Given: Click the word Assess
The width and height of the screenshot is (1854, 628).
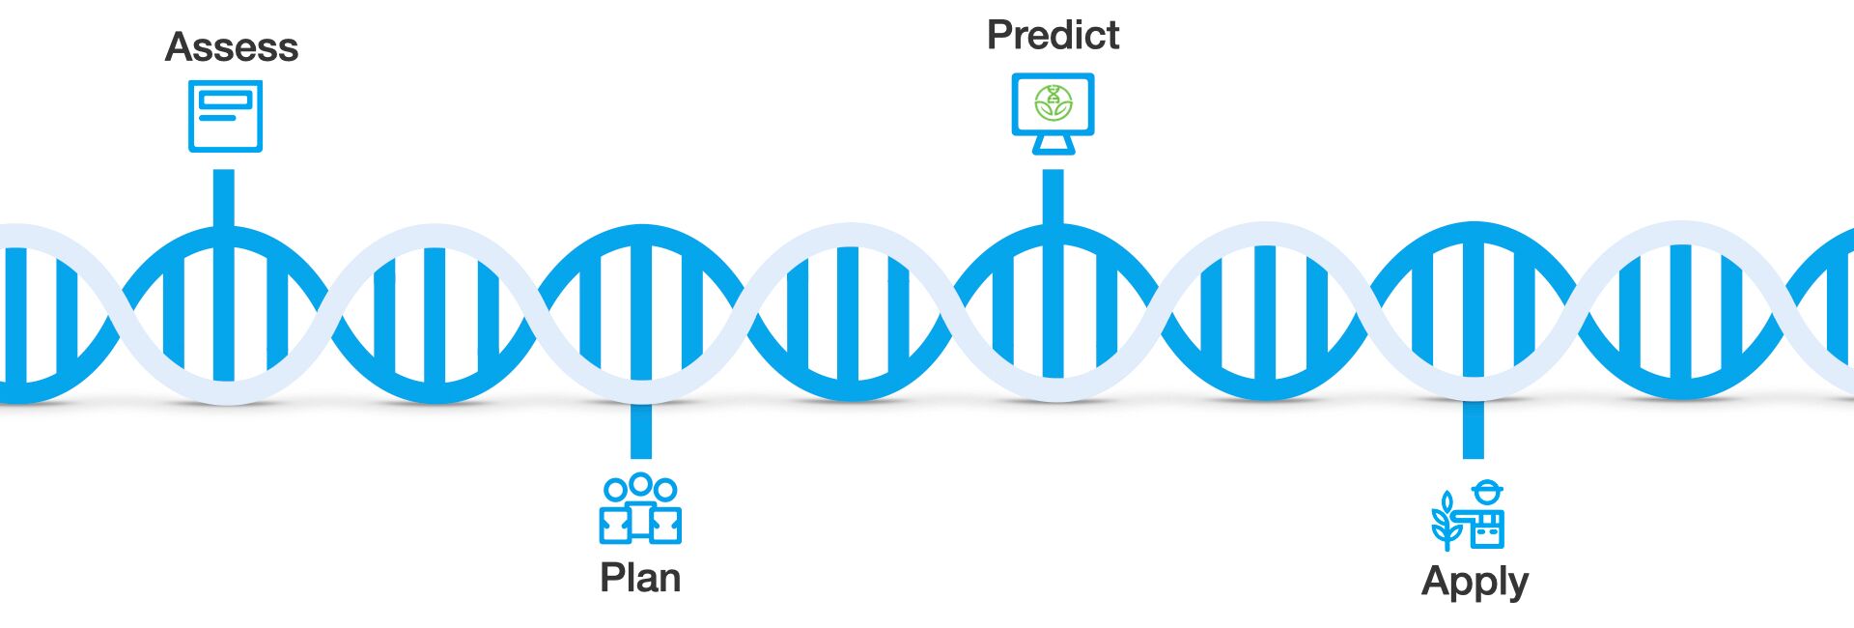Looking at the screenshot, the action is (232, 47).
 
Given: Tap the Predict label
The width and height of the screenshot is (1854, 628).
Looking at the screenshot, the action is (1053, 35).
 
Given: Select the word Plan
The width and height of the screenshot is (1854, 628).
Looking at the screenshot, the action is (640, 578).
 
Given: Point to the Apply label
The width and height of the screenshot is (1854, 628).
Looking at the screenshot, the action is (1475, 583).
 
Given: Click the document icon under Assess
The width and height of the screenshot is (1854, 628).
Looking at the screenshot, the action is (225, 117).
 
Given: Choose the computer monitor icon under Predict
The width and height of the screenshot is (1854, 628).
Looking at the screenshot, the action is (1053, 113).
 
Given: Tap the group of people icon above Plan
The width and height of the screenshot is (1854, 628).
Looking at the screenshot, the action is (640, 508).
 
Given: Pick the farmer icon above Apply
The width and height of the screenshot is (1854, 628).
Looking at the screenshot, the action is (1468, 516).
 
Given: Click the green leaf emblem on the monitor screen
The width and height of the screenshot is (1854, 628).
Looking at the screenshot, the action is (1053, 102).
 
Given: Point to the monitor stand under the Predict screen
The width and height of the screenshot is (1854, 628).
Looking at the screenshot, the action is (1053, 144).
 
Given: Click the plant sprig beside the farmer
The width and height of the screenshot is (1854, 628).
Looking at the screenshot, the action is (1446, 522).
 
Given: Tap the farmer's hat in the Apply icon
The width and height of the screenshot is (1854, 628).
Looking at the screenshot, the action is (1488, 490).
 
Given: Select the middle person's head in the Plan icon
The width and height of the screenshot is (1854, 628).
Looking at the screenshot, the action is (640, 484).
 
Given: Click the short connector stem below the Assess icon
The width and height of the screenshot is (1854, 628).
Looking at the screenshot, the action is (223, 198).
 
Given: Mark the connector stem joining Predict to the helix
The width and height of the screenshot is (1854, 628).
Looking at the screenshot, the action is (1053, 197).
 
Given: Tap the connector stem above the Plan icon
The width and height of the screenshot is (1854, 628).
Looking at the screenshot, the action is (640, 430).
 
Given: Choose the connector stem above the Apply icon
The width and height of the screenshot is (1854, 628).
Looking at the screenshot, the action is (1473, 430).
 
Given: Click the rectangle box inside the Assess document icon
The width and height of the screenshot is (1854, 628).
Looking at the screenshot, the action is (225, 100).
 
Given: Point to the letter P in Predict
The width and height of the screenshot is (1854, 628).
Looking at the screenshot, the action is (998, 35).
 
